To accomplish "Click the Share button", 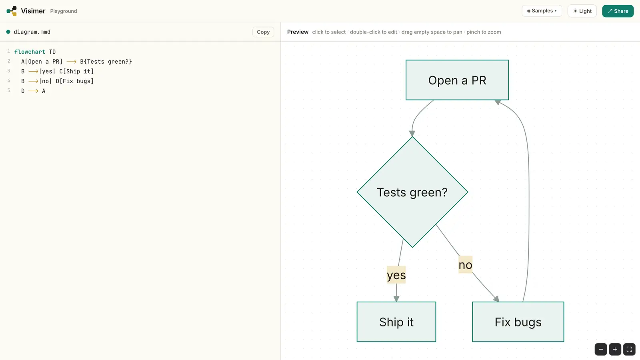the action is pos(618,11).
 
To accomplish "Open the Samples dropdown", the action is pos(542,11).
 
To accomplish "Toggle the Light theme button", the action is pos(582,11).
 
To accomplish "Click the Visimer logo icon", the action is pos(12,11).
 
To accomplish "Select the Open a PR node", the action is pos(457,80).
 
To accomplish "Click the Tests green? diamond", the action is pos(412,192).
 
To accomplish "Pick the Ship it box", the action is pos(396,322).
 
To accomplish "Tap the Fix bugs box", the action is pos(518,322).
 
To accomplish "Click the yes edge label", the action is pos(396,275).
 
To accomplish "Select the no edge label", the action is pos(465,265).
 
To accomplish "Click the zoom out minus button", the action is pos(601,349).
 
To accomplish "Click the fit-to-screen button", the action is pos(629,349).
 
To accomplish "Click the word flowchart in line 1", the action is pos(30,52).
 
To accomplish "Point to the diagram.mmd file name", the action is pos(32,32).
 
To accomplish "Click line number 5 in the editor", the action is pos(8,90).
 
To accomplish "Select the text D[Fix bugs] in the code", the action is pos(74,81).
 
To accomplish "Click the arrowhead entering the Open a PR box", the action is pos(498,102).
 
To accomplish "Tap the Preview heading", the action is pos(298,32).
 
